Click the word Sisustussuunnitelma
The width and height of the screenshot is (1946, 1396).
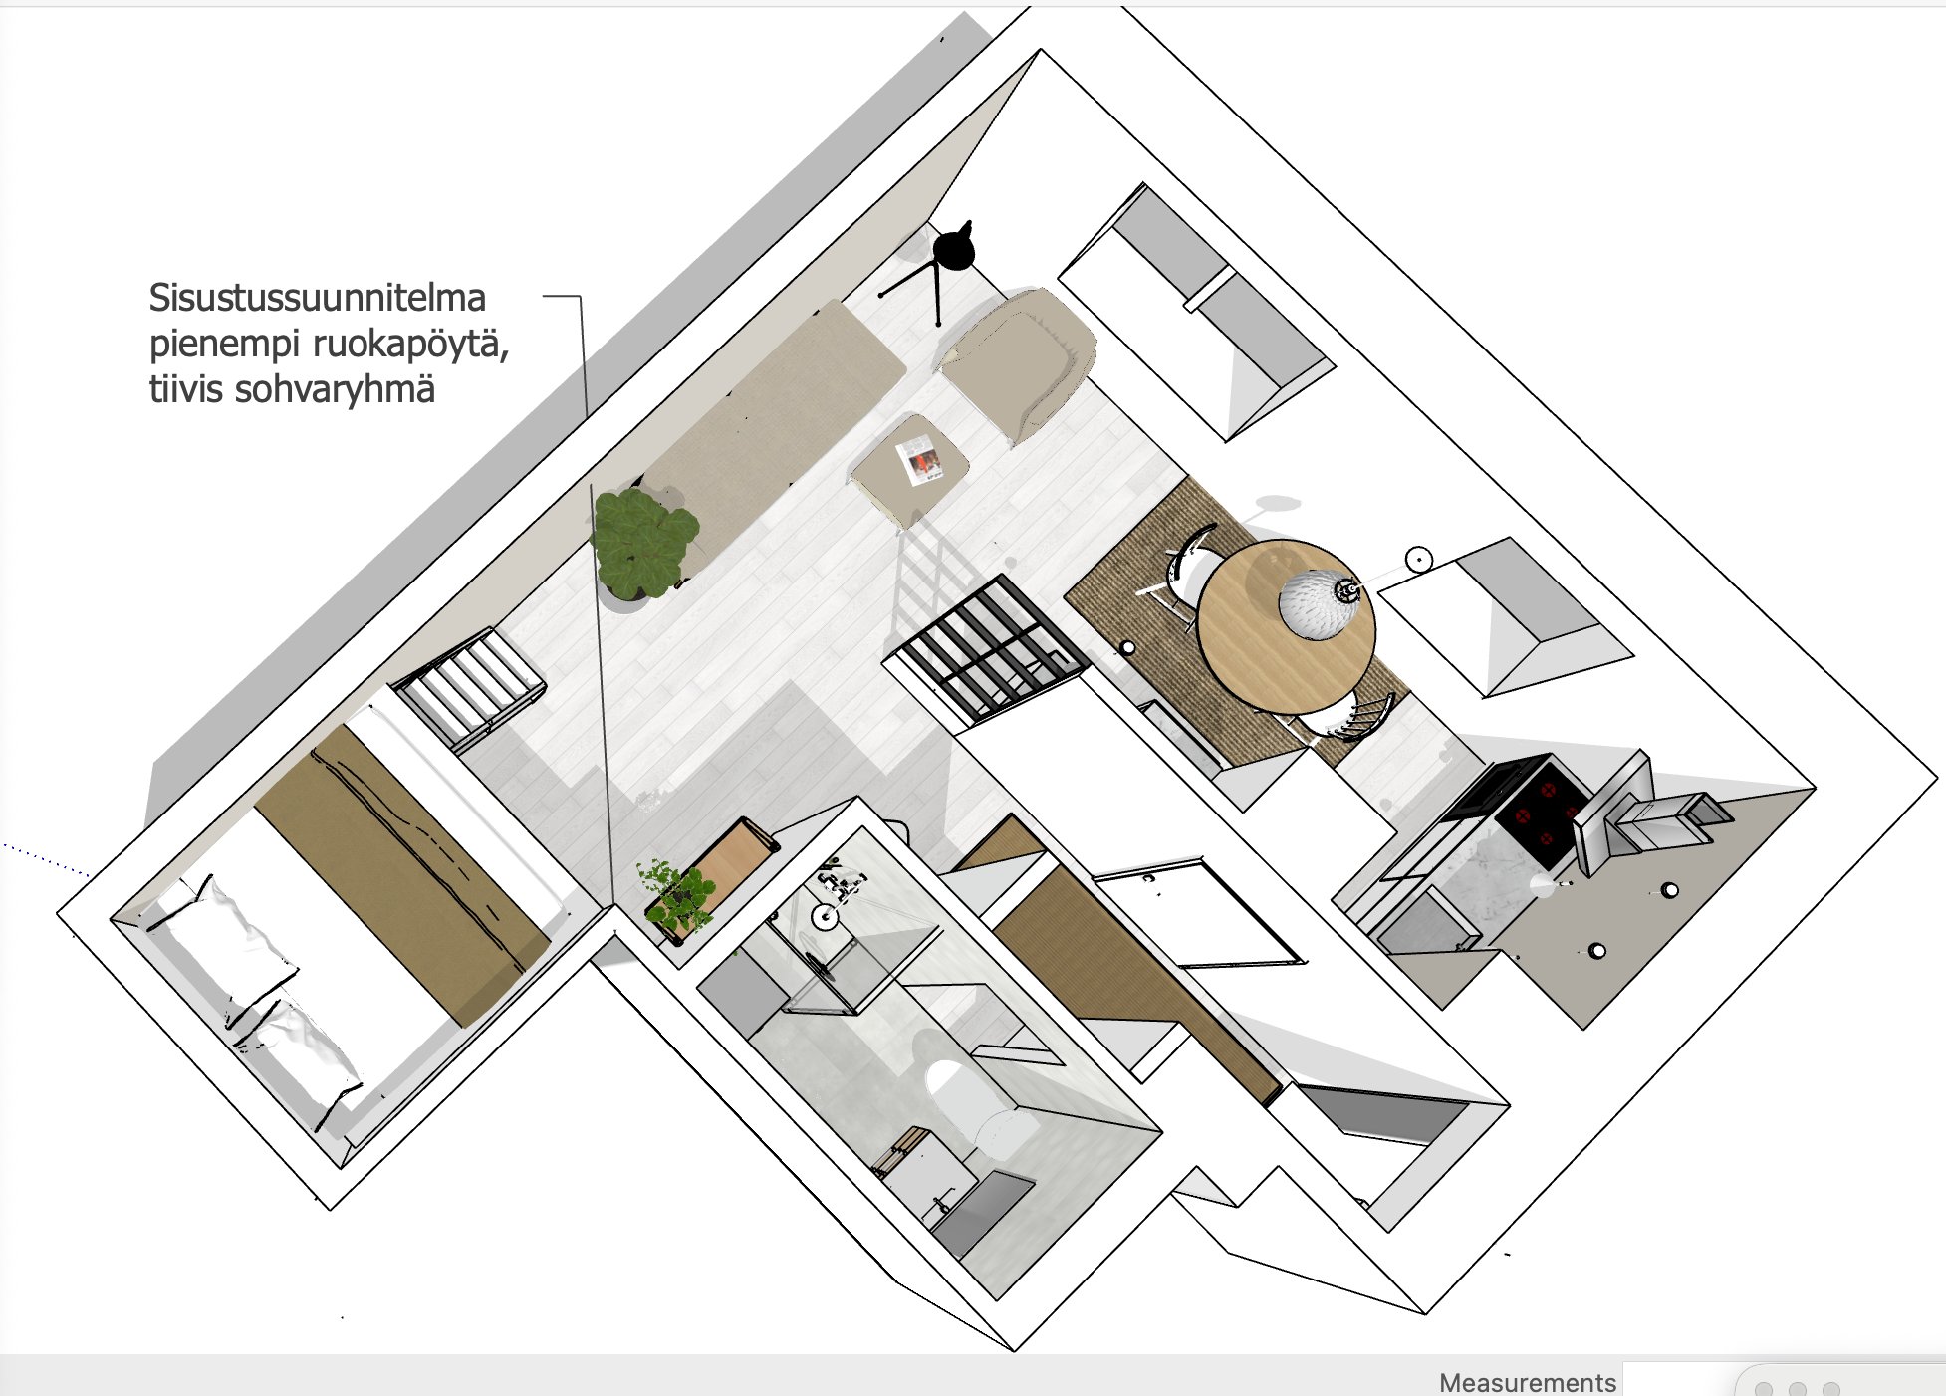317,298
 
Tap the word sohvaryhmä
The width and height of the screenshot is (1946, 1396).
334,389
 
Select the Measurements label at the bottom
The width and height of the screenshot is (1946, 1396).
1527,1382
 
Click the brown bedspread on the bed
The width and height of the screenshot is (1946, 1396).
398,871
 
